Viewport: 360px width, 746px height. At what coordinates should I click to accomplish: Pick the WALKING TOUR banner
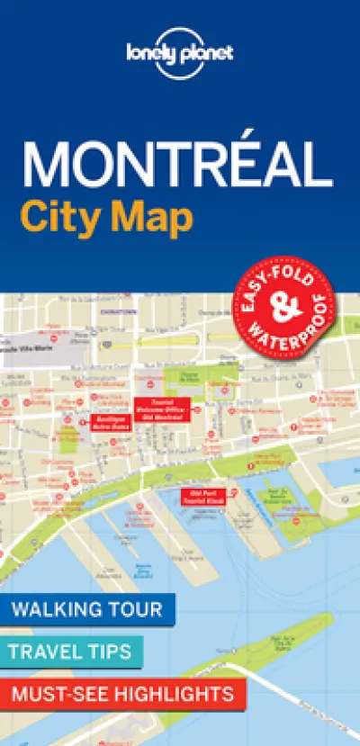[x=86, y=609]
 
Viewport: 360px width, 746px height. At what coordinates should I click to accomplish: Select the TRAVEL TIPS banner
[x=71, y=652]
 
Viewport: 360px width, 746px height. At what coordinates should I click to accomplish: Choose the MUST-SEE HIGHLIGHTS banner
[x=122, y=694]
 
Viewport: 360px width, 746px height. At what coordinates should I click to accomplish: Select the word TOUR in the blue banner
[x=134, y=609]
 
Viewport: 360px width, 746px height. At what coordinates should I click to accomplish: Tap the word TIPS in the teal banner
[x=109, y=652]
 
